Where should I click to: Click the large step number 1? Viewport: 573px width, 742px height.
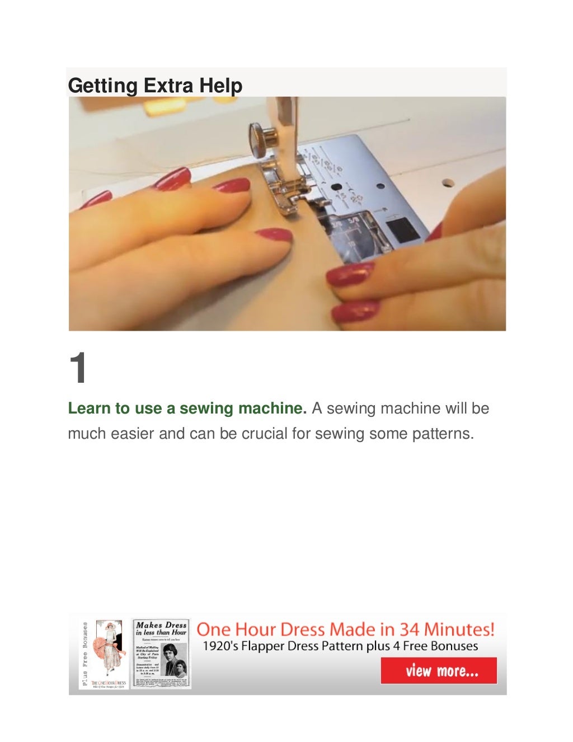78,368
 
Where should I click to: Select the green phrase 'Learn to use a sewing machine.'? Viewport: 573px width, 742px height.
187,408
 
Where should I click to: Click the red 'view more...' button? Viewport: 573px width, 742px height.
439,670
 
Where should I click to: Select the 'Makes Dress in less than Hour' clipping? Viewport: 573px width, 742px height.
161,654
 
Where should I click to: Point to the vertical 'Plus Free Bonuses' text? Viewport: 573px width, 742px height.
84,654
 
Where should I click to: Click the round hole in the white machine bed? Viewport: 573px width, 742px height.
448,182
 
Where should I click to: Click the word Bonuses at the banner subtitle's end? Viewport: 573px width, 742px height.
453,646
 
